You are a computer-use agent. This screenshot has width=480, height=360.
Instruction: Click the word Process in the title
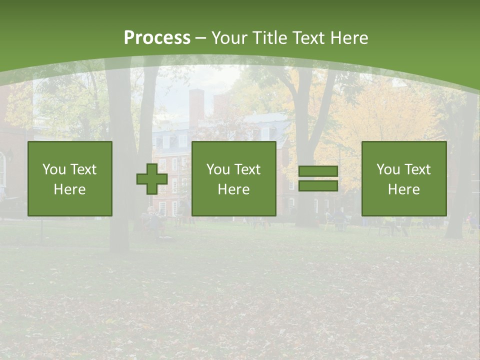[x=157, y=38]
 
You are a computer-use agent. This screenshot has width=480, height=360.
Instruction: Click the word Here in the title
[x=349, y=38]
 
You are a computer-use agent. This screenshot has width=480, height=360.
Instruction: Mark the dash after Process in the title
[x=200, y=38]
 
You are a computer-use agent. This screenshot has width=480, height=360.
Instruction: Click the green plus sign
[x=152, y=178]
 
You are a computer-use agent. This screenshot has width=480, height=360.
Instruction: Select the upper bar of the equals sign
[x=318, y=171]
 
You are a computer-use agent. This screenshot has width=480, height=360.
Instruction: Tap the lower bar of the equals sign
[x=318, y=185]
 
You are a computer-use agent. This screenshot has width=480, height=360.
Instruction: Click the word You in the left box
[x=53, y=169]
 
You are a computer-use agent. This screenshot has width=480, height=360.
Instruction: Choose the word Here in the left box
[x=69, y=189]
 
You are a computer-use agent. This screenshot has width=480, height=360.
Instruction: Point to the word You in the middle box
[x=218, y=169]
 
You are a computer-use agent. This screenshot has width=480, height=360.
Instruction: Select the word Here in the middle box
[x=233, y=189]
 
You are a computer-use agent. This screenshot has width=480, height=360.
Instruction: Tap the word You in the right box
[x=388, y=169]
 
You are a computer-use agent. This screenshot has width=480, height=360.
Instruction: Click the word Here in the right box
[x=403, y=189]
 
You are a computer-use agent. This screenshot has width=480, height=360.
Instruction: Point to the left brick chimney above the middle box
[x=196, y=107]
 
